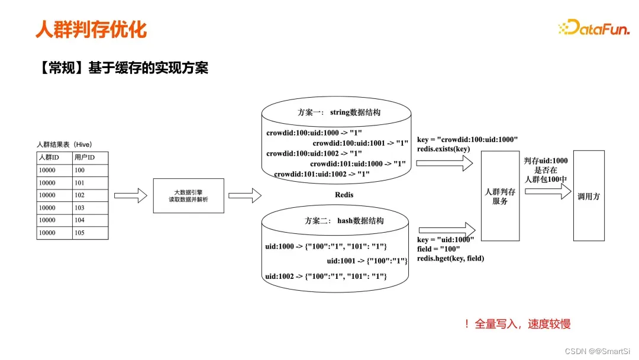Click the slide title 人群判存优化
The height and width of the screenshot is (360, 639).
[91, 29]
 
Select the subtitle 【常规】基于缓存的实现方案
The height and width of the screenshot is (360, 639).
[122, 68]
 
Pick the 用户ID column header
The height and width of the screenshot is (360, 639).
[84, 157]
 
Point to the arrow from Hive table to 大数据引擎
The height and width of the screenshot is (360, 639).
[130, 195]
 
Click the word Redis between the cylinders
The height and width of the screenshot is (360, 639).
[344, 194]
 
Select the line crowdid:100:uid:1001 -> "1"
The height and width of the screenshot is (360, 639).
[360, 143]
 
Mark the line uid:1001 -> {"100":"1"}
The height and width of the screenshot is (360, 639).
[367, 261]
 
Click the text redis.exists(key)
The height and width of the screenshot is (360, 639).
[444, 149]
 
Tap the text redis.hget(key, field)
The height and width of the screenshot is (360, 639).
[451, 259]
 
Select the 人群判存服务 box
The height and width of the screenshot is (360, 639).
[499, 195]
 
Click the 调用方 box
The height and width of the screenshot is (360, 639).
[589, 195]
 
